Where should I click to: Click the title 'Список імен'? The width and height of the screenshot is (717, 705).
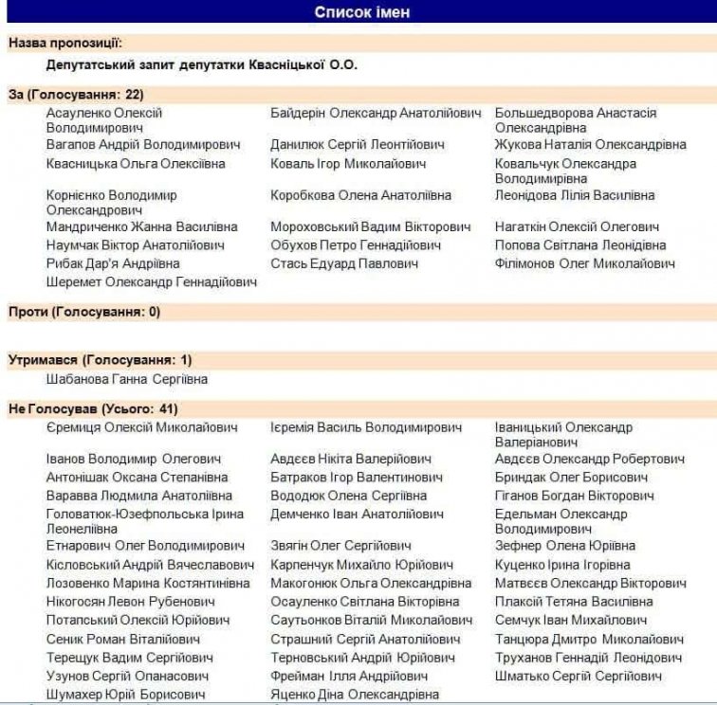362,12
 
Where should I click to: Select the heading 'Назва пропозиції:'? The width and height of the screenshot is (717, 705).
65,43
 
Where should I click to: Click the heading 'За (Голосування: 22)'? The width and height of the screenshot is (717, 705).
76,94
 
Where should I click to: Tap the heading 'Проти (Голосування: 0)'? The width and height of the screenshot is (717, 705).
84,311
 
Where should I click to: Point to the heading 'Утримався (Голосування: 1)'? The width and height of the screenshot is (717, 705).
100,360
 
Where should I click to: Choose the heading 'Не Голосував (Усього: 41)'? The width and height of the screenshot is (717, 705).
93,408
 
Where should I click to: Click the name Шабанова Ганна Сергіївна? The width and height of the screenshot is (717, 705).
127,379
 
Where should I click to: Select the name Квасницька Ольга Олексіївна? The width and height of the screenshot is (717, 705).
136,164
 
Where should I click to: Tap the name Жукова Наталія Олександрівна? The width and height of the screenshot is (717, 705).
590,145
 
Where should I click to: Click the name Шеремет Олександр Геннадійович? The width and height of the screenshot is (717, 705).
152,281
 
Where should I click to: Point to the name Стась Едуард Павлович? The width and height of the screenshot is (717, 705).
344,263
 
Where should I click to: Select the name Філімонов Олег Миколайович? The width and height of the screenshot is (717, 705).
585,263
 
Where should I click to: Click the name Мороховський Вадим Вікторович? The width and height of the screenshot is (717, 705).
370,227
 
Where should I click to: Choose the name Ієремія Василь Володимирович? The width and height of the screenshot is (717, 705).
366,427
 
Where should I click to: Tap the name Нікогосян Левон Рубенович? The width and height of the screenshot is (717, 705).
131,602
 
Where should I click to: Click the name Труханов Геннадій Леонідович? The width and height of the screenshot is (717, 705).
588,658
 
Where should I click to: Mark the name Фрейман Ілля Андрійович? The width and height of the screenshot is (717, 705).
349,677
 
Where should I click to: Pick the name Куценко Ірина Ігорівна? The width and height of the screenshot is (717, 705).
562,565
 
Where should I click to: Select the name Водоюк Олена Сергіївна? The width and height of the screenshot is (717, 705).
348,496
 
